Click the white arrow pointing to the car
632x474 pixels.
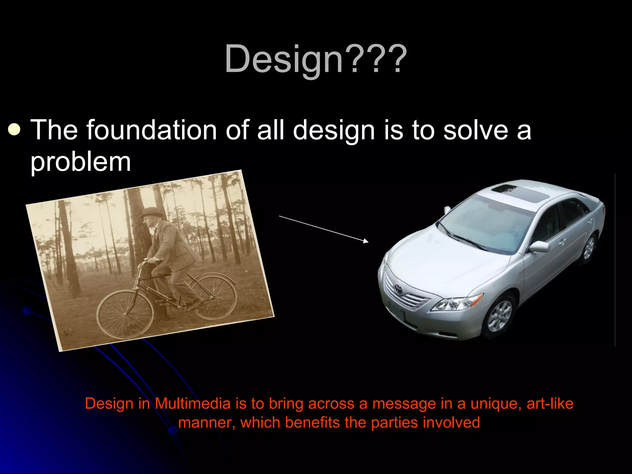click(x=324, y=229)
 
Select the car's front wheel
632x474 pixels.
click(x=500, y=317)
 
